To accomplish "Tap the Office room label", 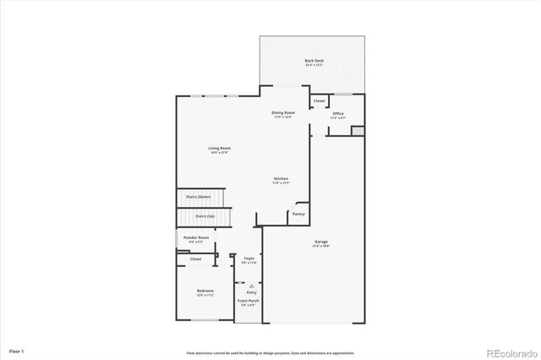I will pos(338,113).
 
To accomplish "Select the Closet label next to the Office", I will pos(319,101).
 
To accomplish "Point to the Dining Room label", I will pos(283,112).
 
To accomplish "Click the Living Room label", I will pos(220,149).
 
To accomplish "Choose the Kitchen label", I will pos(281,179).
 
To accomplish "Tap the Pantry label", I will pos(298,214).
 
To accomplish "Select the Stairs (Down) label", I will pos(198,197).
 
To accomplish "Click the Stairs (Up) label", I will pos(205,215).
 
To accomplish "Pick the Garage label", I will pos(321,242).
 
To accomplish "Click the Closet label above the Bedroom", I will pos(195,259).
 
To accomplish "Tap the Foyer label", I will pos(249,259).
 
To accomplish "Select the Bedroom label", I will pos(205,292).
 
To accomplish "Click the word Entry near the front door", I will pos(251,292).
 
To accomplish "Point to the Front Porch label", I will pos(249,302).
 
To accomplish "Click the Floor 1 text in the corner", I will pos(17,350).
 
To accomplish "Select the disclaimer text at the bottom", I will pos(270,352).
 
